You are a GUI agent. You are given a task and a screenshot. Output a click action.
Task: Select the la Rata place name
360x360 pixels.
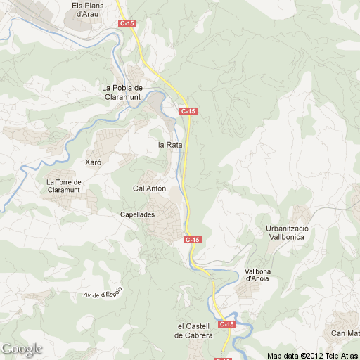(170, 145)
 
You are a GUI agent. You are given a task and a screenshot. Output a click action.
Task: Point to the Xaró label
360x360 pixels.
(93, 162)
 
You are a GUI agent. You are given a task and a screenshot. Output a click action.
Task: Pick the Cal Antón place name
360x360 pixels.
(149, 188)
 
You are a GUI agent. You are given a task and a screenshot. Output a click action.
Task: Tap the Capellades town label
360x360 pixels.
(137, 214)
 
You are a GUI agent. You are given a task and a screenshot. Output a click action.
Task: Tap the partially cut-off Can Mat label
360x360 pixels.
(346, 333)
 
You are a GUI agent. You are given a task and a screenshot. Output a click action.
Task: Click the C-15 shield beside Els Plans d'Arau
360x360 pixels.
(127, 23)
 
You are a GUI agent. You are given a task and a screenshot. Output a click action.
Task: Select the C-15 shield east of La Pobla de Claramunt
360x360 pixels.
(188, 111)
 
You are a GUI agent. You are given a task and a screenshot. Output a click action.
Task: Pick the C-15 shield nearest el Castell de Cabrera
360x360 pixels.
(226, 324)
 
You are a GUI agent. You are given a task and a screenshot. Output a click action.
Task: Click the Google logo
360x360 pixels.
(22, 349)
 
